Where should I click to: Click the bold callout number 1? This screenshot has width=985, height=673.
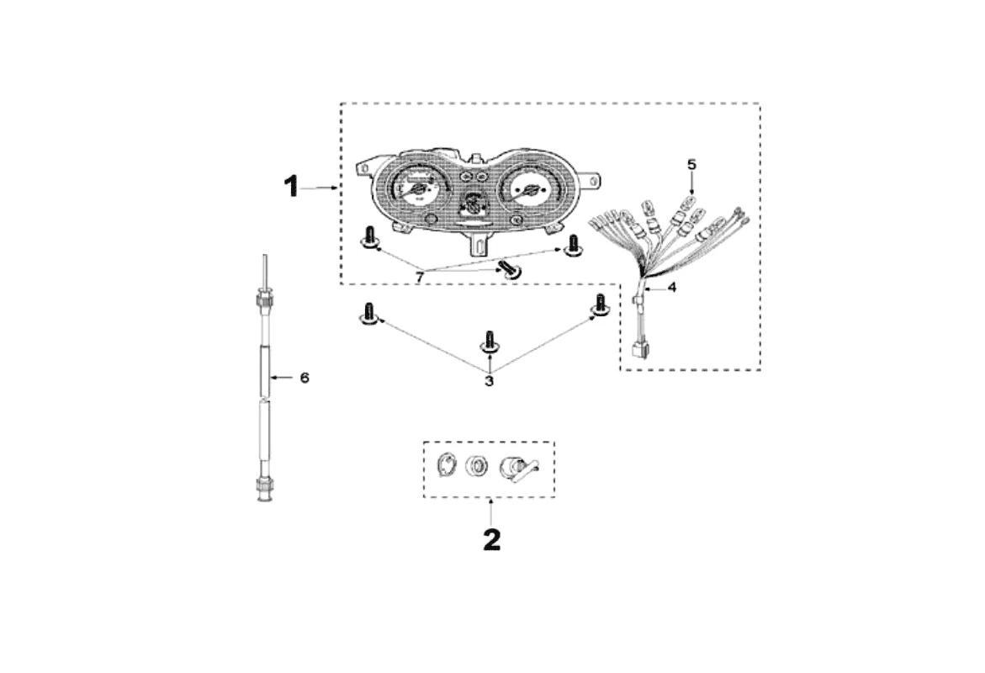(291, 186)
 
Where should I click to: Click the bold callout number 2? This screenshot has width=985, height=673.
(491, 539)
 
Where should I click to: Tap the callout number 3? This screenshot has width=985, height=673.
(489, 380)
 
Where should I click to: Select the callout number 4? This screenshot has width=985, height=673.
(671, 287)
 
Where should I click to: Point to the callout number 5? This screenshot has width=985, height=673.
(691, 164)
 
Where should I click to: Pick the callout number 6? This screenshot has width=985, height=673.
(305, 378)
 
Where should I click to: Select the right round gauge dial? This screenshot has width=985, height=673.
(527, 192)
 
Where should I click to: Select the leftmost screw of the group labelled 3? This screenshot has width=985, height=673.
(368, 314)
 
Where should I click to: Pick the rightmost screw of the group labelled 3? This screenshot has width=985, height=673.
(600, 308)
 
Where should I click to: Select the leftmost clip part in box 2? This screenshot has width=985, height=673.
(449, 466)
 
